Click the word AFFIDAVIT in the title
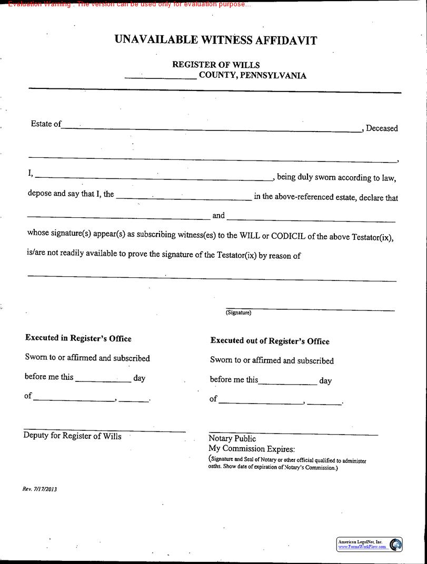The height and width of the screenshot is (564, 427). coord(286,41)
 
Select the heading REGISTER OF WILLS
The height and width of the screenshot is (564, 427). coord(216,65)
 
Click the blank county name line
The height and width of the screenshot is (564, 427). coord(161,77)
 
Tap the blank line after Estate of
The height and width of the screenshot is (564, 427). coord(211,129)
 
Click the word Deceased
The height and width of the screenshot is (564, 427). coord(382,128)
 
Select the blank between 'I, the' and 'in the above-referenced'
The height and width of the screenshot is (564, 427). coord(183,199)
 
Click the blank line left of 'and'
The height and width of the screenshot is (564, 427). coord(118,218)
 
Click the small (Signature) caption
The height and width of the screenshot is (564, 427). coord(239,313)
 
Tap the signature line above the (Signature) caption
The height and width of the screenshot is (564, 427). coord(310,309)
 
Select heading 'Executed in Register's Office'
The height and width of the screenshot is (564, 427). coord(78,338)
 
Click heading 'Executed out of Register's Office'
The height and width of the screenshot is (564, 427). coord(270,341)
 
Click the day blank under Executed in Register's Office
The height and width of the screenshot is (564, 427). coord(103,381)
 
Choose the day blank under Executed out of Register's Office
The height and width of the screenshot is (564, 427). coord(287,384)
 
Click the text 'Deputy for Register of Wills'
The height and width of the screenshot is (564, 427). coord(72,436)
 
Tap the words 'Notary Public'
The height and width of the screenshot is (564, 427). coord(232,438)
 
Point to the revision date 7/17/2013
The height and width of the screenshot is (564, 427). coord(45,489)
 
